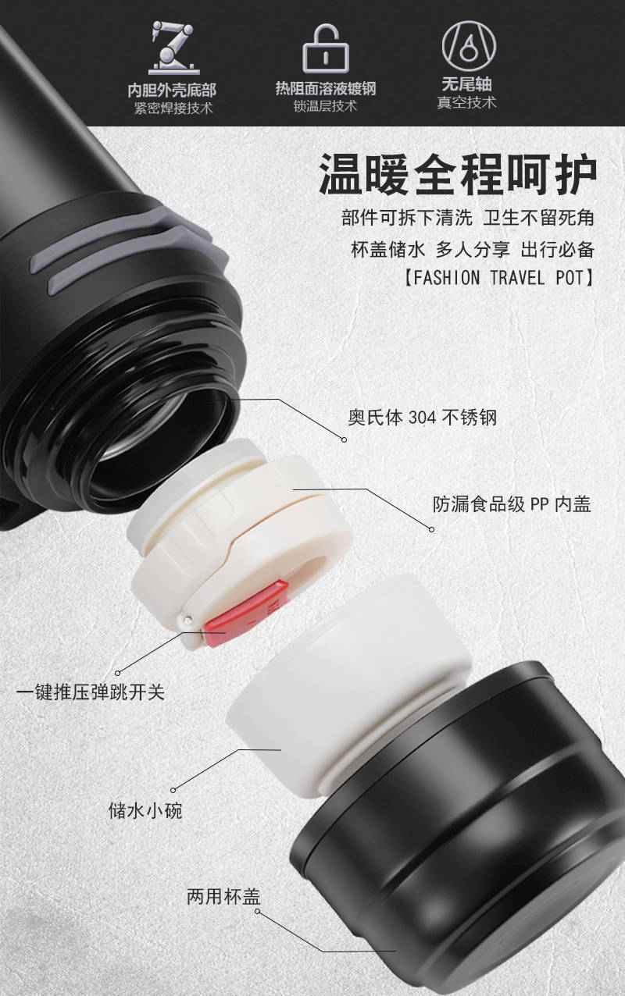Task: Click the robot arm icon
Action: click(174, 48)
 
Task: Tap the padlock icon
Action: click(326, 48)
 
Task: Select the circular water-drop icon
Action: click(468, 46)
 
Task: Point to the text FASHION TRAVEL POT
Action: click(499, 278)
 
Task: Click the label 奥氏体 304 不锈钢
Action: click(422, 418)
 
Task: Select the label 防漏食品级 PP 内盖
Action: click(512, 504)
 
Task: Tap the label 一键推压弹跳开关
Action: click(91, 692)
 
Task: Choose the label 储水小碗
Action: click(145, 809)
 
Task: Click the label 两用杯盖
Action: click(223, 896)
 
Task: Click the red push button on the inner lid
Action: click(245, 613)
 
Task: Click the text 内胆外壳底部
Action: click(172, 91)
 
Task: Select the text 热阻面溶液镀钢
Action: click(326, 88)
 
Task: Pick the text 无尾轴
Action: click(466, 84)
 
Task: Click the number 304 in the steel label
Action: click(423, 418)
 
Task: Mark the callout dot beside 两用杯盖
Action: click(257, 912)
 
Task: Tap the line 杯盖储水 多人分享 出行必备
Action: click(473, 250)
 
